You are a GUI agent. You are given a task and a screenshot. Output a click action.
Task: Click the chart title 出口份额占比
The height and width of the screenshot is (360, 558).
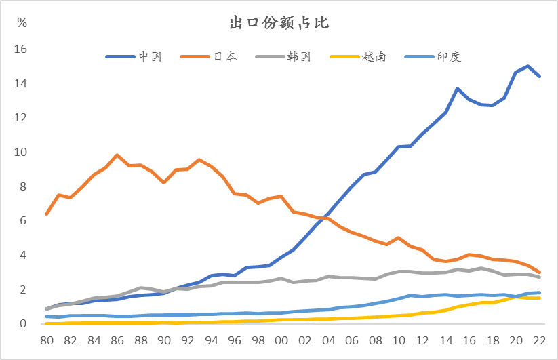click(279, 23)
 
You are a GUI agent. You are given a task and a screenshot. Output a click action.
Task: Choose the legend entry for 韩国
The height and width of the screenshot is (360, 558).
click(299, 57)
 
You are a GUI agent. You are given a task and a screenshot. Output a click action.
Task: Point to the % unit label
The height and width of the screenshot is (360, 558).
click(22, 23)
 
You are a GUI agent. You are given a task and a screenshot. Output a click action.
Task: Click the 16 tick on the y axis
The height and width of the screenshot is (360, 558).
click(20, 49)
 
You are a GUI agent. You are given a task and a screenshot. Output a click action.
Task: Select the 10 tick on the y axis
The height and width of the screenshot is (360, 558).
click(20, 153)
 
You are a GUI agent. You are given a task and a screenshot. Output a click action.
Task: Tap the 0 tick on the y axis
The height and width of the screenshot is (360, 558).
click(23, 324)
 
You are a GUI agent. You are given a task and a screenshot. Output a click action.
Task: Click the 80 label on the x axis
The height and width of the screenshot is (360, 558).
click(46, 340)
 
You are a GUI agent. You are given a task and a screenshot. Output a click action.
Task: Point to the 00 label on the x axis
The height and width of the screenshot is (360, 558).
click(281, 340)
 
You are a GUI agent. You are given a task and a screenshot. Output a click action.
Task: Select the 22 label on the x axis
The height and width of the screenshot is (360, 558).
click(539, 340)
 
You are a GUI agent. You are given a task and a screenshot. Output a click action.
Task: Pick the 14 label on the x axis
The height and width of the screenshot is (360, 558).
click(445, 340)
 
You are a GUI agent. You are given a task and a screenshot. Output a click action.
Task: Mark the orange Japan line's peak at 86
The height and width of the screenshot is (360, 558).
click(117, 155)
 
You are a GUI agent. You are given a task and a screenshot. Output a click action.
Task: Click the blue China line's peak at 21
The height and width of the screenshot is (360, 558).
click(527, 66)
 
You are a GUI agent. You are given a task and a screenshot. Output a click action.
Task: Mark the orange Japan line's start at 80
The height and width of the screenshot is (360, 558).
click(47, 214)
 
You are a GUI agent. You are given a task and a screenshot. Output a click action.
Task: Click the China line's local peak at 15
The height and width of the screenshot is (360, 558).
click(458, 89)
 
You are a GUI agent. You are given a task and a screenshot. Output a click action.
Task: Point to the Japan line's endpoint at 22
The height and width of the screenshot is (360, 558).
click(539, 273)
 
